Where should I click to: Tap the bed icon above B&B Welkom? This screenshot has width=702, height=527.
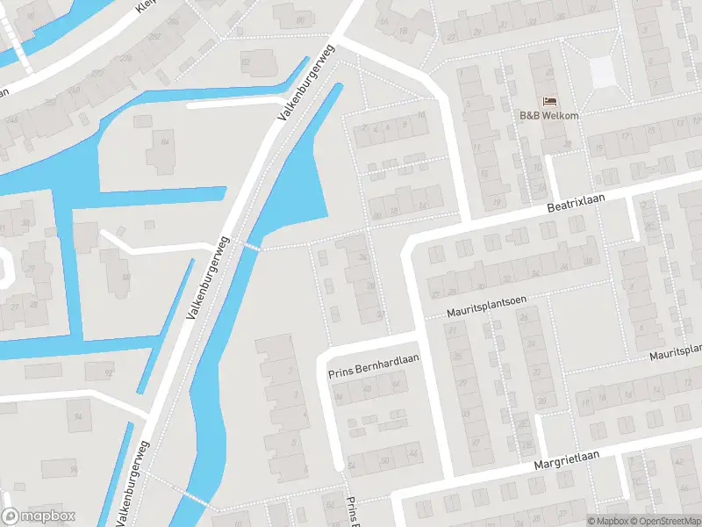549,102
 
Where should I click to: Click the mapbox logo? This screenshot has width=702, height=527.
39,516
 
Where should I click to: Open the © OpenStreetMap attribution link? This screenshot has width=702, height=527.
663,521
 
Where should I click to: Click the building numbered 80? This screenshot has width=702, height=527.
300,18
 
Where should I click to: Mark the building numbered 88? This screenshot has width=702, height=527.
125,278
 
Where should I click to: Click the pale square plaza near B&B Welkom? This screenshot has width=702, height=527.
603,72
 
